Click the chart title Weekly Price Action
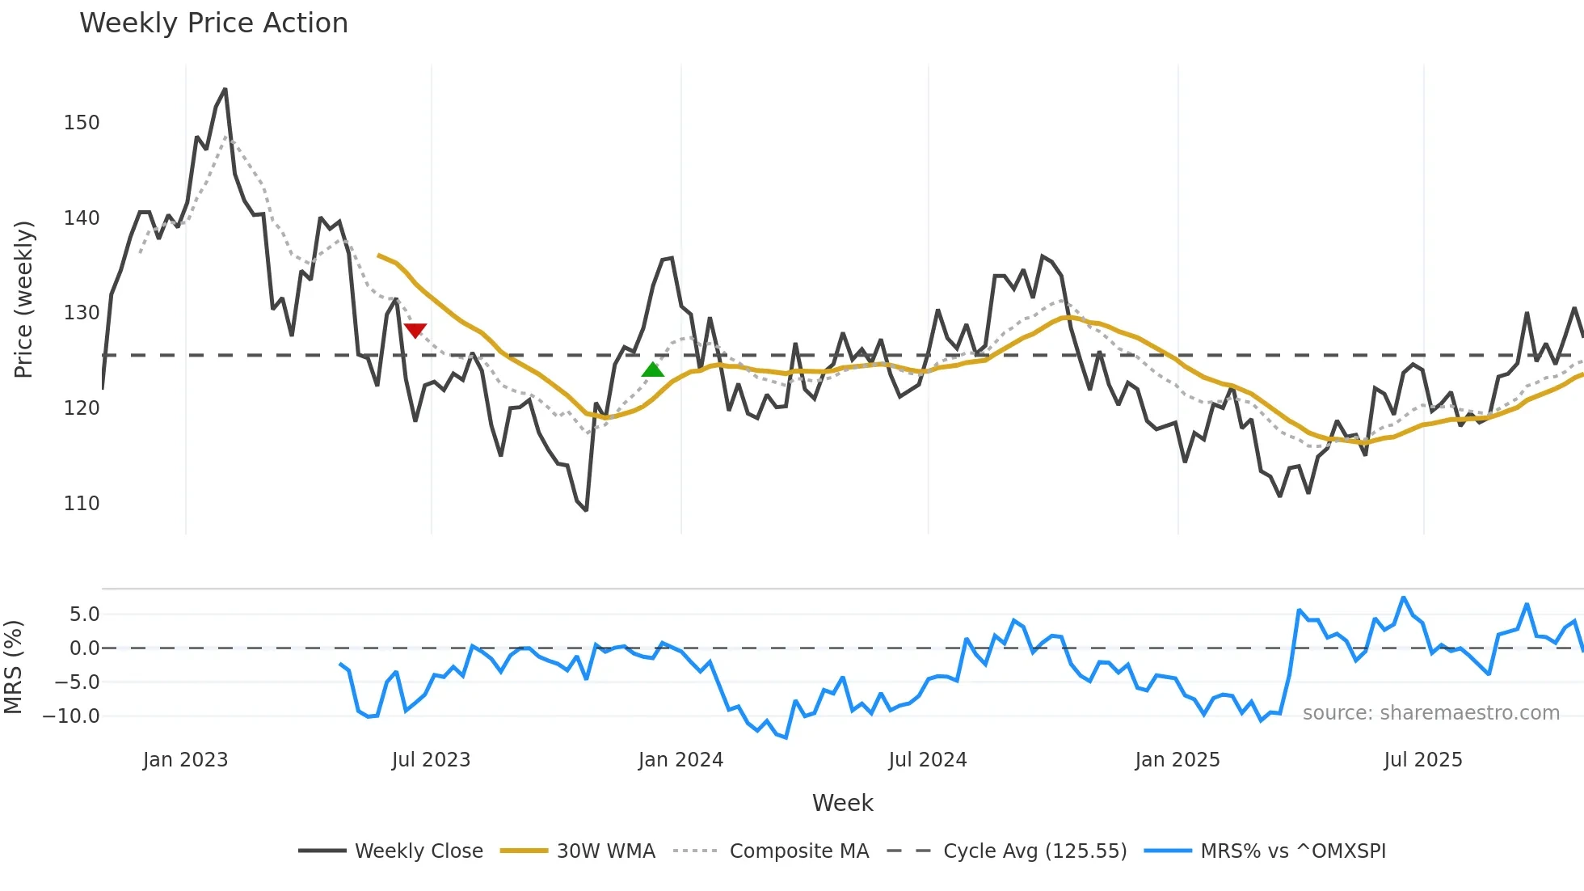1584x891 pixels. pos(213,23)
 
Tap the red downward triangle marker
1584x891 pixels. pos(415,330)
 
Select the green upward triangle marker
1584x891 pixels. pos(652,370)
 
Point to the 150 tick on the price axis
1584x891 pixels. pos(82,123)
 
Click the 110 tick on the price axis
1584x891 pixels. pos(82,504)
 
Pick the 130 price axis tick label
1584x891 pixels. pos(82,313)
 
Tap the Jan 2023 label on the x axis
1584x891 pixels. pos(185,760)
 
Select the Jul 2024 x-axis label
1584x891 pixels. pos(927,760)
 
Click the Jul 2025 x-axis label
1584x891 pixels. pos(1422,760)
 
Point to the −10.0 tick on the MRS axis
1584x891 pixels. pos(71,716)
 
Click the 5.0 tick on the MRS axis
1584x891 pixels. pos(84,614)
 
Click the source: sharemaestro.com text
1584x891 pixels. pos(1430,713)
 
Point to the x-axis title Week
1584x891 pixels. pos(842,803)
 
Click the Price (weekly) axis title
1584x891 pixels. pos(23,299)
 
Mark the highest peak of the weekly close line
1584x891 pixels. pos(225,90)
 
